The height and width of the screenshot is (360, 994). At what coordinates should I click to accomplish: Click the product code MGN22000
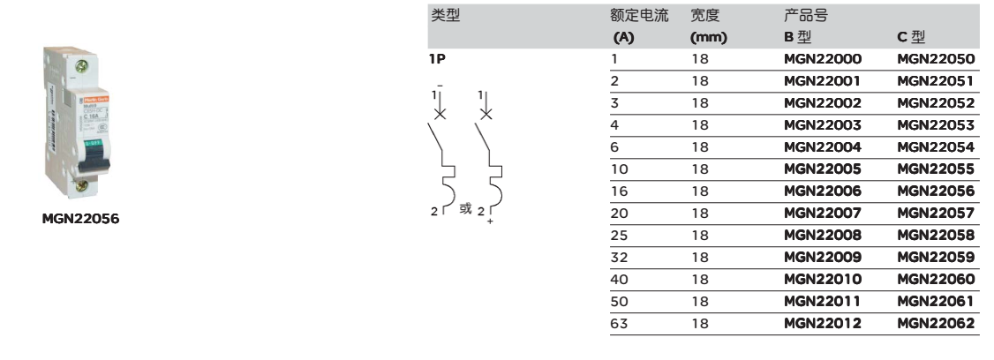click(x=823, y=59)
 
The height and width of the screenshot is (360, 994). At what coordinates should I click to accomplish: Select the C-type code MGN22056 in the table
click(x=936, y=191)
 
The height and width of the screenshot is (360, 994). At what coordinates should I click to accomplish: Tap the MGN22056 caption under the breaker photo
click(x=80, y=220)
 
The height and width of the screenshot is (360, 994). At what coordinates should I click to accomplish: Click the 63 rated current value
click(x=619, y=323)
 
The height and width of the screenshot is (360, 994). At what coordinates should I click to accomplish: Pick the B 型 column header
click(x=797, y=37)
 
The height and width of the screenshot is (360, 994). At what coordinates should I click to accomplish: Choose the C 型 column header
click(x=911, y=37)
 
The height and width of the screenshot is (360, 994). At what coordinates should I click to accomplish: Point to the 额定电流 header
click(x=639, y=15)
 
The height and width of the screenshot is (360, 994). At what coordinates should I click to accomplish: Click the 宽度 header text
click(x=705, y=15)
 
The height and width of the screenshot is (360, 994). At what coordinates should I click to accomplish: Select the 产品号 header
click(x=806, y=15)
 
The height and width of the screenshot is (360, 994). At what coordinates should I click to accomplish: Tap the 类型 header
click(x=446, y=15)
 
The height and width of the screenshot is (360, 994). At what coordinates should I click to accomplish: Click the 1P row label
click(x=437, y=59)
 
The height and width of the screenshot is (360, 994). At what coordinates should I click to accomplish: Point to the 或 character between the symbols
click(x=465, y=208)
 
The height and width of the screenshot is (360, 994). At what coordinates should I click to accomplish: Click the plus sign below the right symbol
click(x=490, y=221)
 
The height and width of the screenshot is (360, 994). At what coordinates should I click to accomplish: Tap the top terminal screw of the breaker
click(x=81, y=65)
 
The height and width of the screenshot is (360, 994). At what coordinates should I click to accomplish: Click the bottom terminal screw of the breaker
click(x=81, y=185)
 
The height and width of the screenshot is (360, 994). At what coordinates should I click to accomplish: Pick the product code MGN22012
click(x=823, y=323)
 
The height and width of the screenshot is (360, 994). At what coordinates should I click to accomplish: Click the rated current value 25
click(x=619, y=235)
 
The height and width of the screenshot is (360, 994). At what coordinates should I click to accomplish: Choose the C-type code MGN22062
click(x=936, y=323)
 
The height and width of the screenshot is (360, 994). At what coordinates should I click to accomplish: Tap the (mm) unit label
click(x=708, y=37)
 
